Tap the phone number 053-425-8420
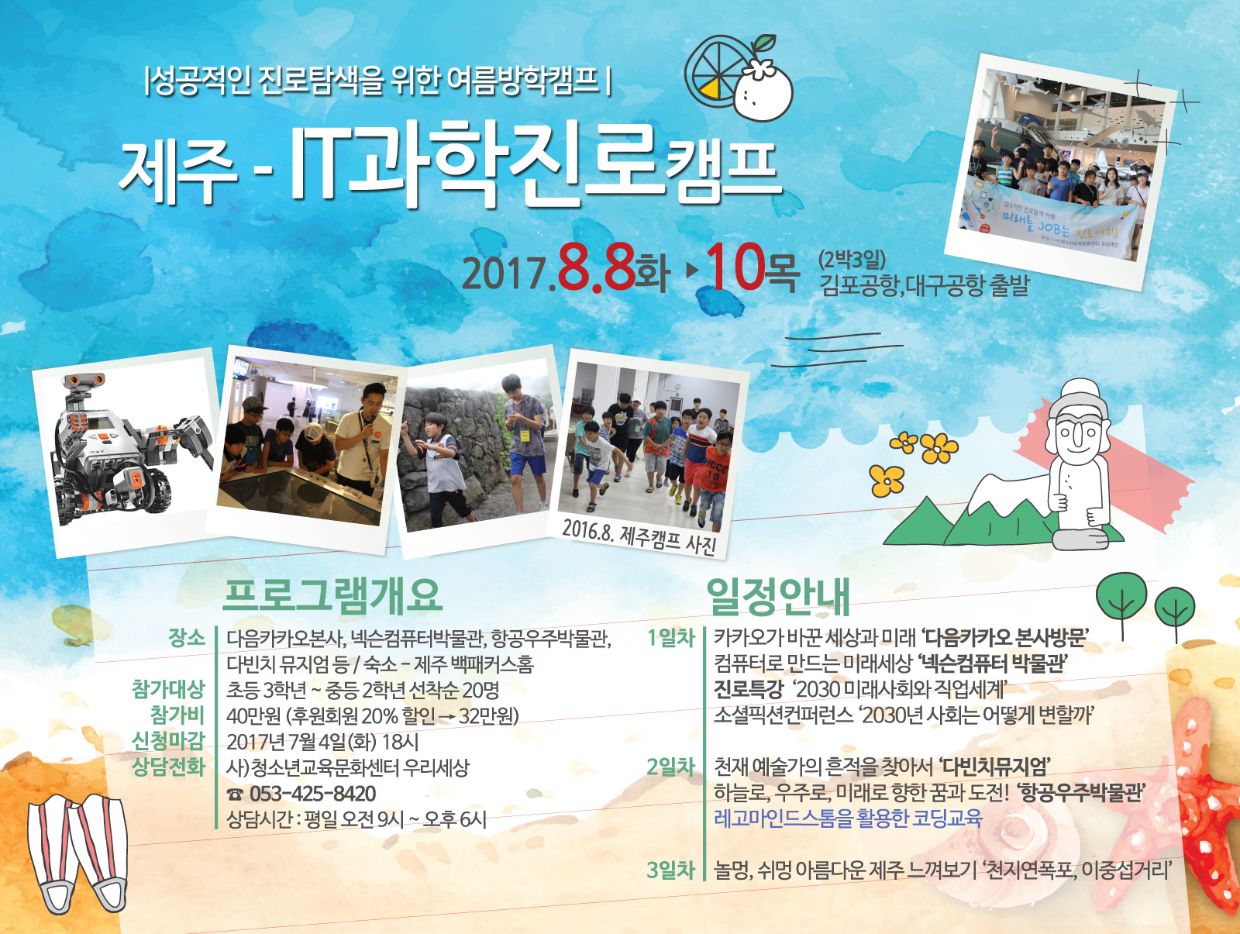click(312, 794)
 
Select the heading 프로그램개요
click(332, 595)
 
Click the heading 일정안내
click(778, 597)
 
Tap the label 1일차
click(670, 637)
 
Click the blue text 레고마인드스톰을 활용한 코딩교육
click(848, 819)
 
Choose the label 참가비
click(177, 715)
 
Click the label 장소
click(186, 637)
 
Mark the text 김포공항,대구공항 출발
click(925, 285)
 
